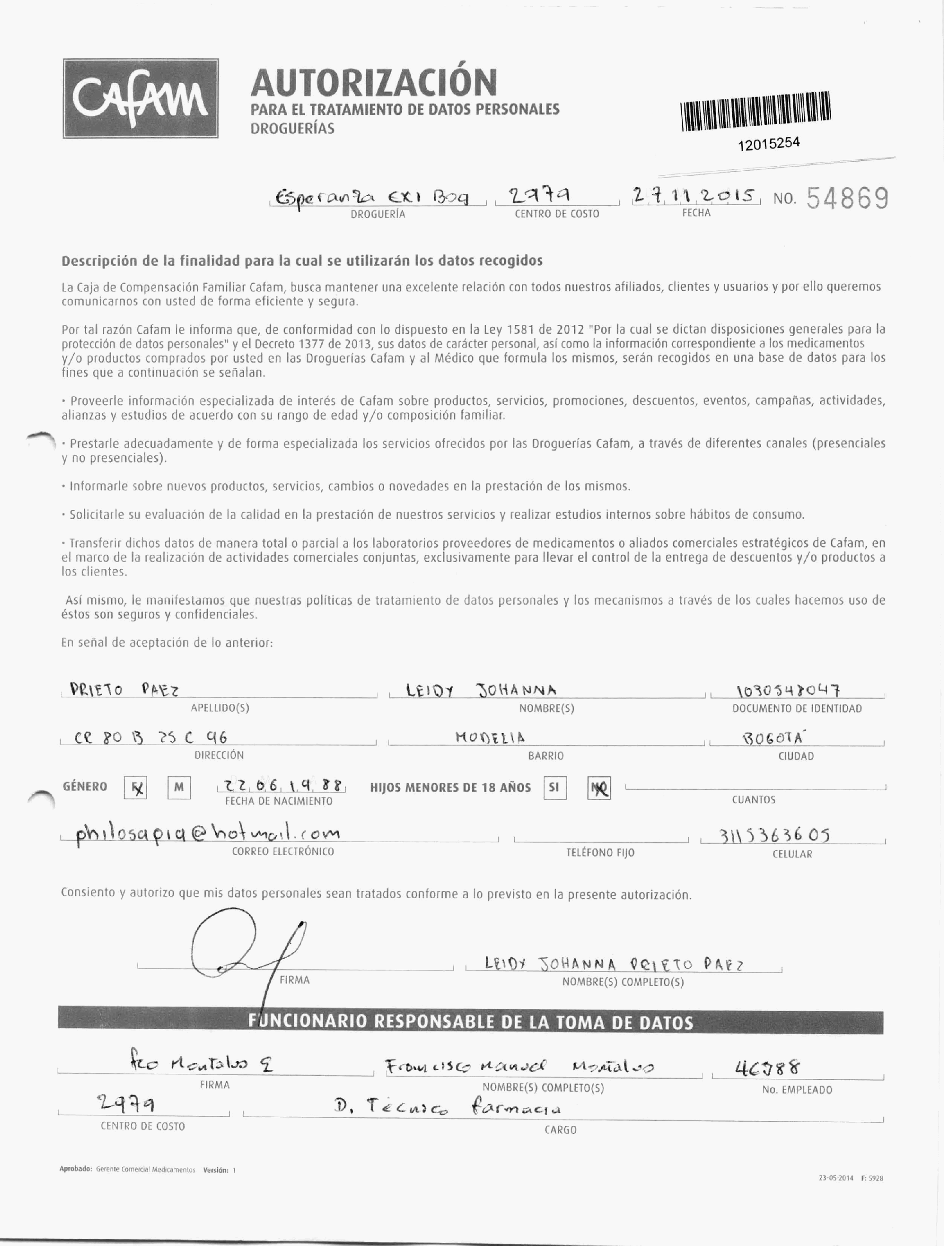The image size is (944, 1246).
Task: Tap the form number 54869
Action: point(848,198)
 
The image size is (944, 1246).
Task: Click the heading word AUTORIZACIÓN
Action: point(374,82)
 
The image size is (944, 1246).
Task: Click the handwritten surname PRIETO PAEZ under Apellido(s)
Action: point(124,689)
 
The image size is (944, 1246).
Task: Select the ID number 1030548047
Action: point(789,691)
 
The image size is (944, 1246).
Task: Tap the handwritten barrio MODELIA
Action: point(490,737)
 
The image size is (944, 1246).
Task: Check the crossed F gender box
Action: point(135,788)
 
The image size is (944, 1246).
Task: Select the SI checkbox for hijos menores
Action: point(554,787)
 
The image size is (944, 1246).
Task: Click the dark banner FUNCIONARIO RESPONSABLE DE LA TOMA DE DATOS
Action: point(470,1022)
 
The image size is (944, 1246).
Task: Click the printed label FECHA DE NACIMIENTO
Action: point(279,801)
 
